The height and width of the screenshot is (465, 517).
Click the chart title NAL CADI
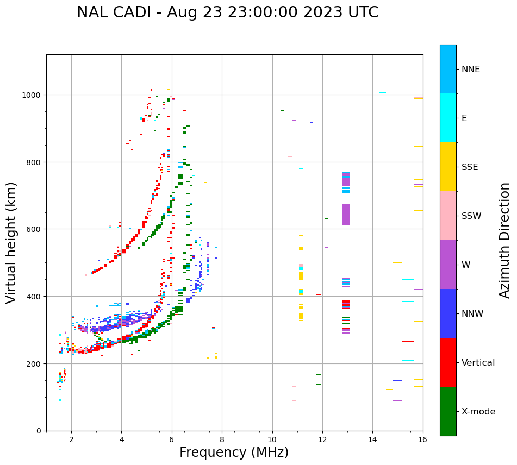[x=227, y=12]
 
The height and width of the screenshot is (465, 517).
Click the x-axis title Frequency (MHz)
[x=234, y=453]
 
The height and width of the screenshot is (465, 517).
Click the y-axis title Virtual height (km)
[x=11, y=242]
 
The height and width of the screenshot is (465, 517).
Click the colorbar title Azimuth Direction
[x=505, y=240]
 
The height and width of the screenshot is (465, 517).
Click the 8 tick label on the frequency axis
[x=222, y=440]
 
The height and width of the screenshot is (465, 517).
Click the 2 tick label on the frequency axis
[x=71, y=440]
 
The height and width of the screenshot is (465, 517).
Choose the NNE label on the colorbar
[x=471, y=70]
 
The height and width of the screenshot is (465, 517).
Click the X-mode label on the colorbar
[x=478, y=412]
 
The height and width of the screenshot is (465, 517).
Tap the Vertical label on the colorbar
[x=478, y=363]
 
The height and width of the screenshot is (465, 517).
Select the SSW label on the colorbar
[x=471, y=216]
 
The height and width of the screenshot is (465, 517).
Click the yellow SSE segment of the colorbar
[x=448, y=167]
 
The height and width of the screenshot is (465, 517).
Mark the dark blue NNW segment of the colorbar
[x=448, y=313]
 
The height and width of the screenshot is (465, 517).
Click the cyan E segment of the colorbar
[x=448, y=118]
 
